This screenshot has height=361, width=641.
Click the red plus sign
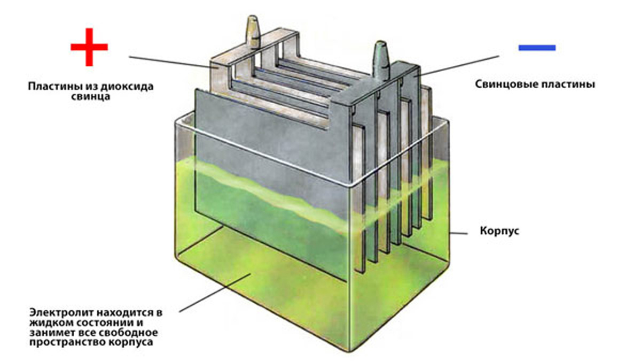(89, 47)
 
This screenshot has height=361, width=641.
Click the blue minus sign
(537, 48)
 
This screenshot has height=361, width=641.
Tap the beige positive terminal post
(253, 31)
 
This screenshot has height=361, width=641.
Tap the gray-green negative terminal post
(381, 59)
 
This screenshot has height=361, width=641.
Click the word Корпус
(499, 231)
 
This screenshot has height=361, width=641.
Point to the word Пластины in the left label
(54, 86)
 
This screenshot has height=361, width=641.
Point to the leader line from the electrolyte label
(215, 293)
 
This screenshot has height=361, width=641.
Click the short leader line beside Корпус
(458, 234)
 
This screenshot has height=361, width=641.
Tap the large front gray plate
(272, 183)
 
